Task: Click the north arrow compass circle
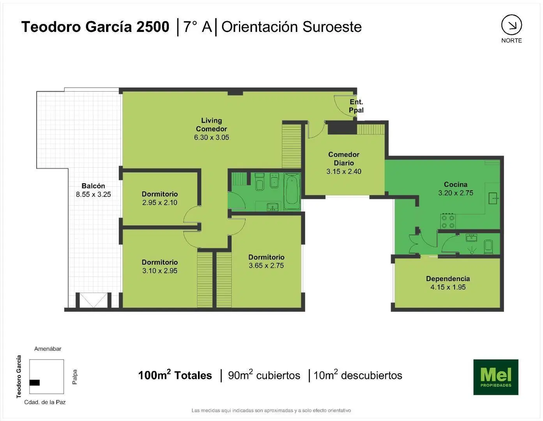(x=511, y=25)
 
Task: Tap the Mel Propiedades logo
(x=496, y=377)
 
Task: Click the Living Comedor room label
(x=211, y=125)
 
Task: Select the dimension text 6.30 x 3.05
(x=211, y=137)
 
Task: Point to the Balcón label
(x=93, y=186)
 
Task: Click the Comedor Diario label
(x=343, y=159)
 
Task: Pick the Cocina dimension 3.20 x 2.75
(x=456, y=193)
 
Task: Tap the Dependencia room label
(x=448, y=279)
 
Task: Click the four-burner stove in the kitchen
(x=448, y=221)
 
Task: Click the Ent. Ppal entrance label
(x=356, y=106)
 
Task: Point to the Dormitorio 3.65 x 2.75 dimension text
(x=266, y=265)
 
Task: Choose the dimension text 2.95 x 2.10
(x=160, y=202)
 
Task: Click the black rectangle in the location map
(x=34, y=382)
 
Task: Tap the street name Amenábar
(x=48, y=349)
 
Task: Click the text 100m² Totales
(x=175, y=375)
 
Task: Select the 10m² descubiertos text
(x=358, y=375)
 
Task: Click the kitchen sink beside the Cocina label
(x=493, y=198)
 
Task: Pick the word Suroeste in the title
(x=332, y=27)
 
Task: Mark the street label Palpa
(x=74, y=377)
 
